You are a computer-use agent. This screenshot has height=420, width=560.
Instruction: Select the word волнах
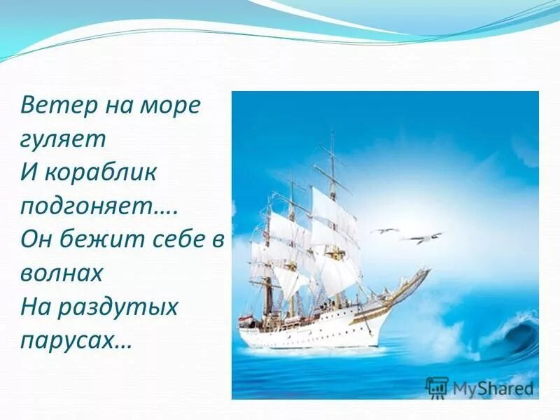(62, 272)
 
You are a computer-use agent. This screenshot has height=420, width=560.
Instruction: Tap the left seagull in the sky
(384, 230)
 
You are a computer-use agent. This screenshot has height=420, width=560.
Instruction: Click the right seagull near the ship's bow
(424, 237)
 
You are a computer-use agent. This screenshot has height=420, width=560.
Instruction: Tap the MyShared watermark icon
(436, 386)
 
